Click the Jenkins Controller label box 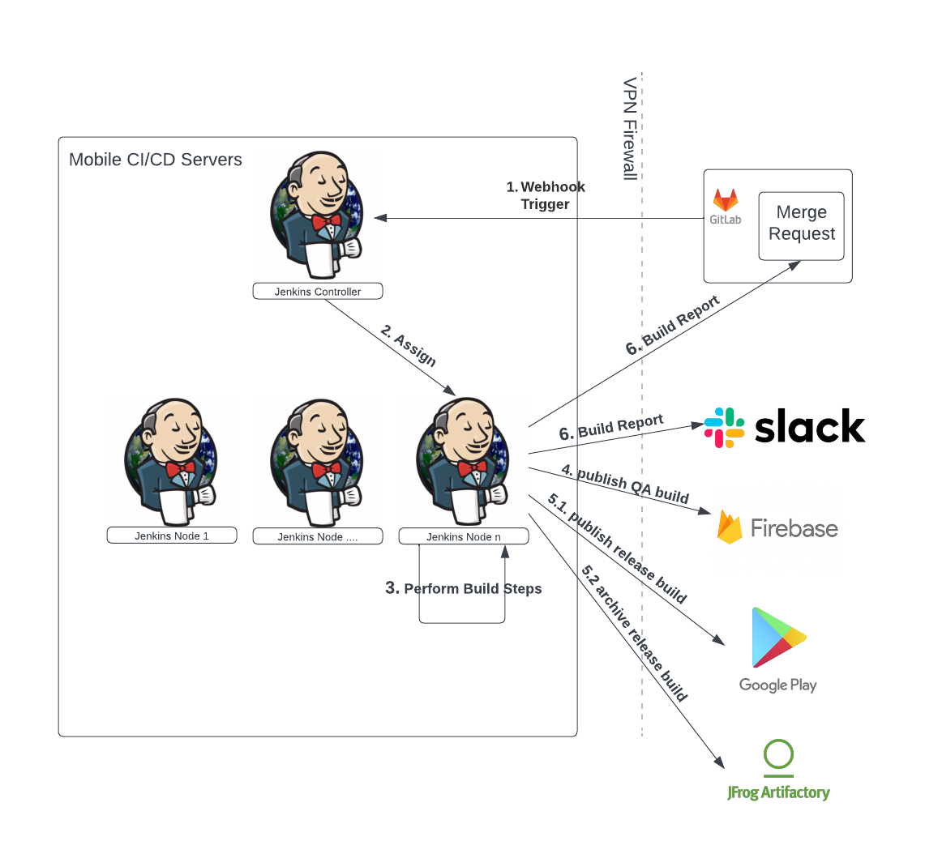click(317, 292)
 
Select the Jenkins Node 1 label click(172, 536)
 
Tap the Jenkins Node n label click(463, 536)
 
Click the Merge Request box click(801, 224)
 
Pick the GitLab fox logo click(725, 200)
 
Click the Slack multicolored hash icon click(724, 428)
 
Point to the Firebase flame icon click(730, 527)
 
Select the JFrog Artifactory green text click(778, 792)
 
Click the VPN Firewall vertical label click(631, 129)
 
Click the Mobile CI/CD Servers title click(156, 160)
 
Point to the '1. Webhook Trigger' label click(546, 195)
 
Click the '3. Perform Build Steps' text click(464, 588)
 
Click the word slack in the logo click(809, 427)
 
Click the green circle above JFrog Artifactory click(778, 754)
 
